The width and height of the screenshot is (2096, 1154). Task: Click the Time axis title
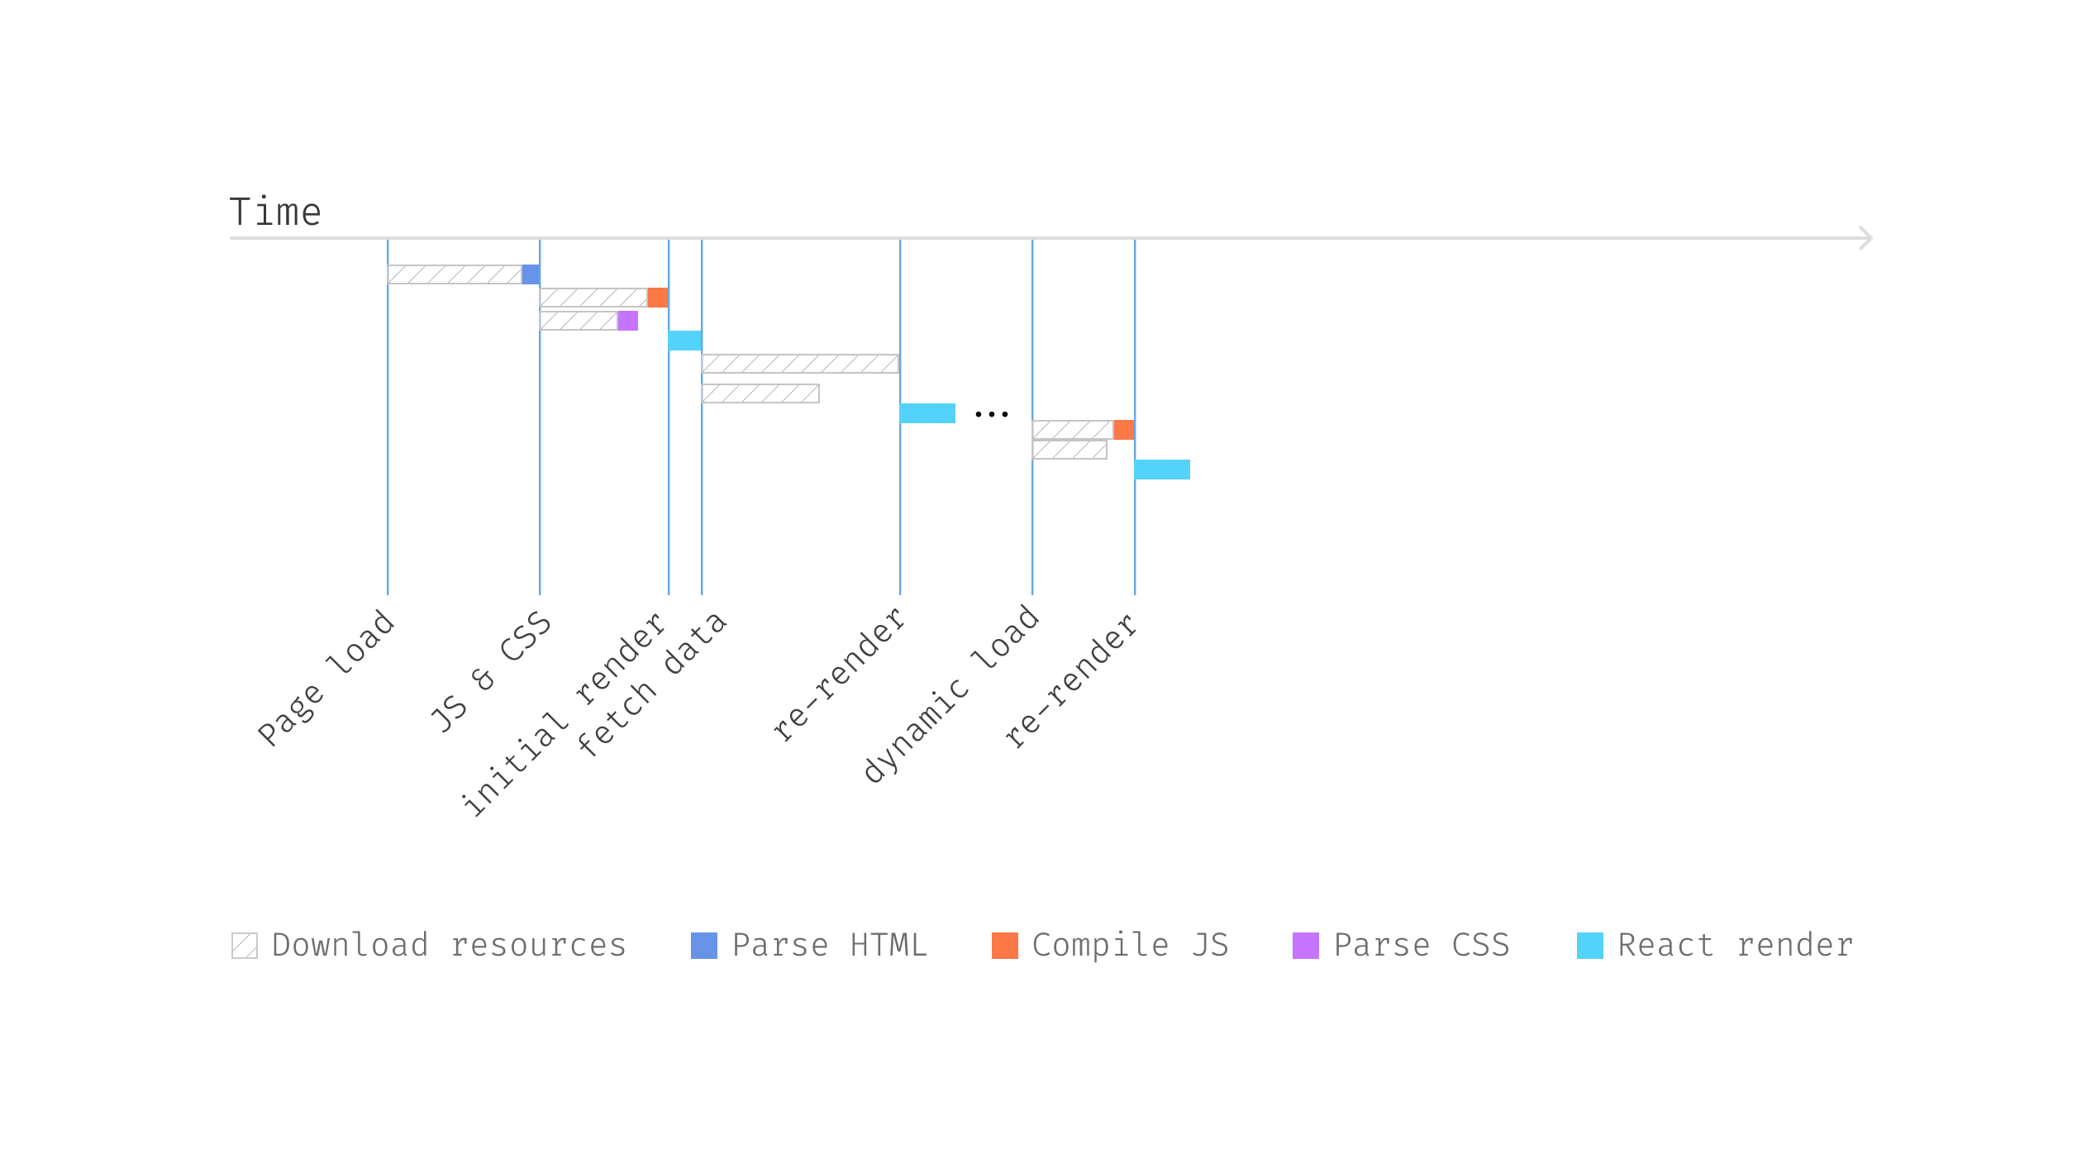274,212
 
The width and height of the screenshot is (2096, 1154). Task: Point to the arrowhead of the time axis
1865,238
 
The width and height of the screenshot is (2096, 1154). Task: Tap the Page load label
326,678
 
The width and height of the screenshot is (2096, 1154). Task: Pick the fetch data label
651,684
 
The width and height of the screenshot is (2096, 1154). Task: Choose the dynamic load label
951,694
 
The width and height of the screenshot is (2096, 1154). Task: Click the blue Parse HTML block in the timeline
531,274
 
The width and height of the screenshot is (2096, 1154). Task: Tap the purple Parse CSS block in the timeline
627,321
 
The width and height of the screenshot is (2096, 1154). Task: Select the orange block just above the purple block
657,298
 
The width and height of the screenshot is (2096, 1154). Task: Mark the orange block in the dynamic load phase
1123,430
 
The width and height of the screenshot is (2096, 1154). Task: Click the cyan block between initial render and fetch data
684,341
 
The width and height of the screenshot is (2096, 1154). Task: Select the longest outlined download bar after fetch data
800,364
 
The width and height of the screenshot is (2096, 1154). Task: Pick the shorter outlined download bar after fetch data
760,393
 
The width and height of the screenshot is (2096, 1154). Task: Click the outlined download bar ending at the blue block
455,274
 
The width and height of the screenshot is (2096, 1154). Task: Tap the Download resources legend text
449,945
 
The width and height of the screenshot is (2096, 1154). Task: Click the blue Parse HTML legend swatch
704,946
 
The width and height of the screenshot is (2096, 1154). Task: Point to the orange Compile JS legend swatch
1005,946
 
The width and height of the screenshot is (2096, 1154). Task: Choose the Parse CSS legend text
1422,945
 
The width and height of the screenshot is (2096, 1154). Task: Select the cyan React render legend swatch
1590,946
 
